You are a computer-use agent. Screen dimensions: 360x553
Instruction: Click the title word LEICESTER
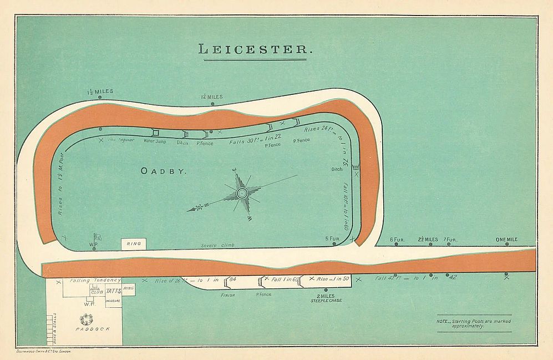(255, 49)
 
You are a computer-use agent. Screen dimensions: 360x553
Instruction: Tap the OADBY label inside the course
(164, 171)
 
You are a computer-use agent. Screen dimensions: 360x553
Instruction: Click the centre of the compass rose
(242, 193)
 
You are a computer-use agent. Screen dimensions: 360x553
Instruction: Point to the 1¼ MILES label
(211, 97)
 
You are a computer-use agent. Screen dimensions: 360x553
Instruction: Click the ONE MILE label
(506, 240)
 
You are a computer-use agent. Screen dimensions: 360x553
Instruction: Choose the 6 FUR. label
(397, 240)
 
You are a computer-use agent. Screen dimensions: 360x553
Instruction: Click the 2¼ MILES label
(428, 240)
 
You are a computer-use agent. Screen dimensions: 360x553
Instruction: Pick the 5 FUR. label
(332, 239)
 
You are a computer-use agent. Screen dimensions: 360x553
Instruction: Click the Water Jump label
(155, 141)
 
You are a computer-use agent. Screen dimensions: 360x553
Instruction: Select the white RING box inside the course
(134, 244)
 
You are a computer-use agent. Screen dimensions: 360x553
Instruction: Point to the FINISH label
(229, 296)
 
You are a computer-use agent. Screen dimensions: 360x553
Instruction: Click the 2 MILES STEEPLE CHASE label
(326, 298)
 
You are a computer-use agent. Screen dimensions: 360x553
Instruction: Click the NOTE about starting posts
(474, 323)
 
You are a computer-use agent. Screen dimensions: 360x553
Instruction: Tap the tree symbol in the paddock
(87, 319)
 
